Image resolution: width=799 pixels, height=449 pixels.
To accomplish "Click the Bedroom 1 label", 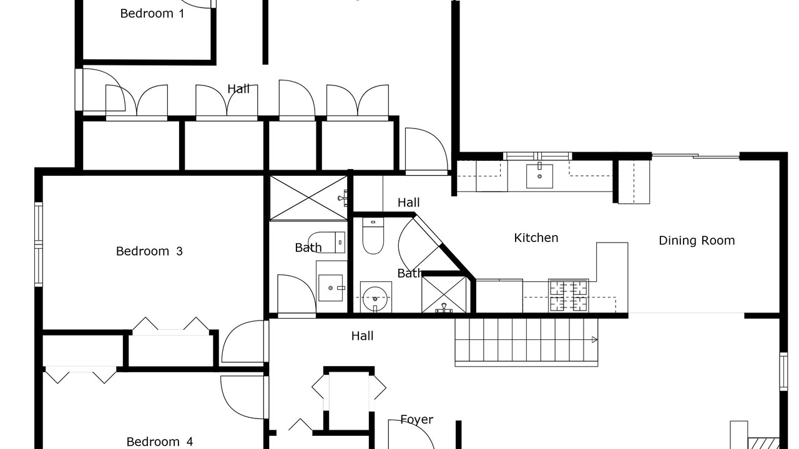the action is (x=152, y=14).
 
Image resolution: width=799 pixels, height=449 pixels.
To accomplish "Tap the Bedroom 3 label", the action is (x=149, y=251).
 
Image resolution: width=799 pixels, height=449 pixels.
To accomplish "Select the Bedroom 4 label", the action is (x=159, y=442).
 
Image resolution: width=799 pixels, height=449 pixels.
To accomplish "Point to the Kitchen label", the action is (x=536, y=238).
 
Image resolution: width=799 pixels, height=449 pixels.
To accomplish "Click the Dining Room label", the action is (x=697, y=241).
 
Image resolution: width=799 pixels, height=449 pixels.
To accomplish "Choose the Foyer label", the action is (x=416, y=420).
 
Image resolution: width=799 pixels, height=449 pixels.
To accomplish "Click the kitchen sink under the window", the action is (x=540, y=176).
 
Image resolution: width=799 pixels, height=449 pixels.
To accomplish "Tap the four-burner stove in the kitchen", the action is (x=569, y=296).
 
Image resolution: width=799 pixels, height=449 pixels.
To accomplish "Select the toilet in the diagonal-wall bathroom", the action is (x=373, y=235).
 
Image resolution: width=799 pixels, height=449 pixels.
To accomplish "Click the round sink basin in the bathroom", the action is (x=375, y=299).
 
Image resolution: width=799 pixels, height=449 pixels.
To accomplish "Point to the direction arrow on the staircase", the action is (x=594, y=340).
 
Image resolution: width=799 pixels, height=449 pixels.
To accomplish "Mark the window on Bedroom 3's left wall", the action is (x=39, y=244).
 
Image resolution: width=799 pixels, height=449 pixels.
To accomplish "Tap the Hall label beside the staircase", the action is (x=363, y=336).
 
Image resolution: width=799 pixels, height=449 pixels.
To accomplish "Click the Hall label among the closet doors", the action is (x=238, y=89).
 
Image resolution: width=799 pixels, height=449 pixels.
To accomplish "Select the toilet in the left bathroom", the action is (x=326, y=243).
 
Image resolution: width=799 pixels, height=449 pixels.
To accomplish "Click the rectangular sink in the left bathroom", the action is (x=331, y=287).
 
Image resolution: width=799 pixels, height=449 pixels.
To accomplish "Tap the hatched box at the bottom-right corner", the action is (x=763, y=443).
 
